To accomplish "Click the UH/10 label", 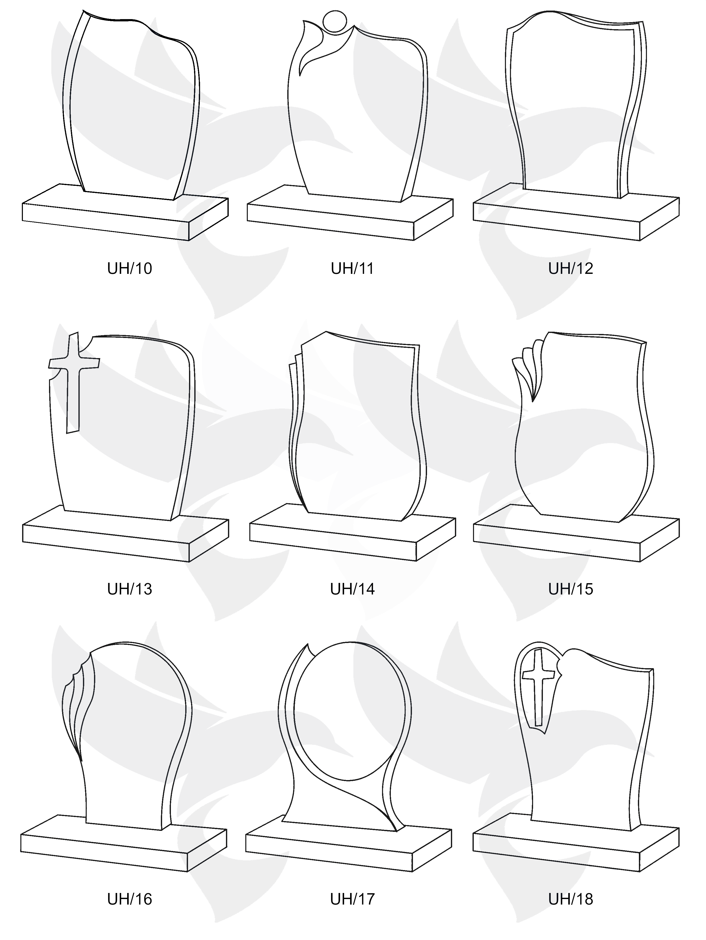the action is click(x=129, y=269).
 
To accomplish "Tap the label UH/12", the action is click(x=571, y=269).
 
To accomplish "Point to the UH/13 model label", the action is click(x=129, y=589).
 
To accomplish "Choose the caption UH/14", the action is click(x=353, y=589).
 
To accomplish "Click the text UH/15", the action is click(x=571, y=589).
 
